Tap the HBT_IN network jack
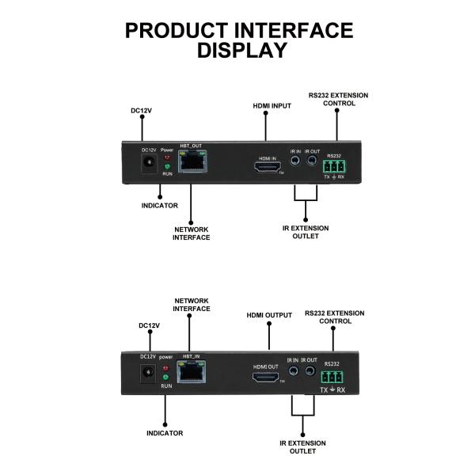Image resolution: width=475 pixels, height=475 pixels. tap(191, 373)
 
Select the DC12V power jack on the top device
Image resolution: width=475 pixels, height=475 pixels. tap(147, 164)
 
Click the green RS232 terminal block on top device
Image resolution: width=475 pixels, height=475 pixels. tap(333, 167)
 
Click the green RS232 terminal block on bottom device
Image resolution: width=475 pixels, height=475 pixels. tap(332, 377)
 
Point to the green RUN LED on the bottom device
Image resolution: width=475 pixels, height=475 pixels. tap(166, 378)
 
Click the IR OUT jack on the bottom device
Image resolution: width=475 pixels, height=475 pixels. tap(310, 370)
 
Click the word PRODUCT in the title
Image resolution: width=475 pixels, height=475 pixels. tap(176, 31)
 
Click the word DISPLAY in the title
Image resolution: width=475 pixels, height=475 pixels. tap(241, 51)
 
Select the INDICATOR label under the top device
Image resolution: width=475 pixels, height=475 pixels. tap(161, 207)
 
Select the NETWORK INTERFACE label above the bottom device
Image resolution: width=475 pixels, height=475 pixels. tap(192, 305)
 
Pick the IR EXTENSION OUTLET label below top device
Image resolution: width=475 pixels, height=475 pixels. tap(306, 232)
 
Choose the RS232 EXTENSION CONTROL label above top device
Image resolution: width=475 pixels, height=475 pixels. tap(338, 99)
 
